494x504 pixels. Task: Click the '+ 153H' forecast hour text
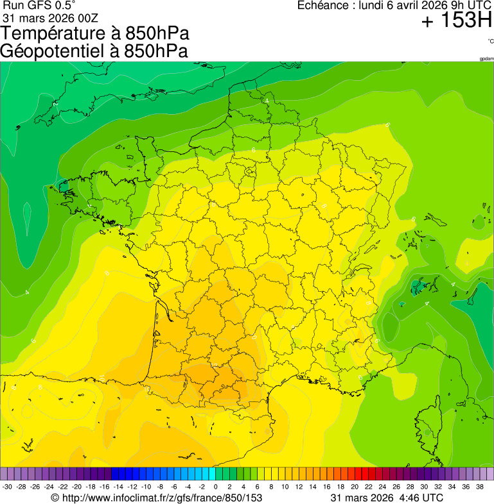(x=456, y=21)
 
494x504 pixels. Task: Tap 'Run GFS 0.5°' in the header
(x=39, y=6)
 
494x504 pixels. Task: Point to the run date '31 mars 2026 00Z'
(x=50, y=17)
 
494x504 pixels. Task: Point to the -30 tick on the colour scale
(x=8, y=487)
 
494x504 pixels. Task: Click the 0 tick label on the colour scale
(x=216, y=487)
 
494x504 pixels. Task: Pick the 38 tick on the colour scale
(x=480, y=487)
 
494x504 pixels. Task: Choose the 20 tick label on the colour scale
(x=355, y=487)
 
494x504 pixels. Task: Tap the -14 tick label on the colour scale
(x=119, y=487)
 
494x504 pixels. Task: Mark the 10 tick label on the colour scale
(x=285, y=487)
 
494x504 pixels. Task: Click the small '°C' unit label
(x=491, y=41)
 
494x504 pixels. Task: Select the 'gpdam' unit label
(x=486, y=59)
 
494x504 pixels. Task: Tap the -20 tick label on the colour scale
(x=77, y=487)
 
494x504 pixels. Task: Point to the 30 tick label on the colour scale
(x=424, y=487)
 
